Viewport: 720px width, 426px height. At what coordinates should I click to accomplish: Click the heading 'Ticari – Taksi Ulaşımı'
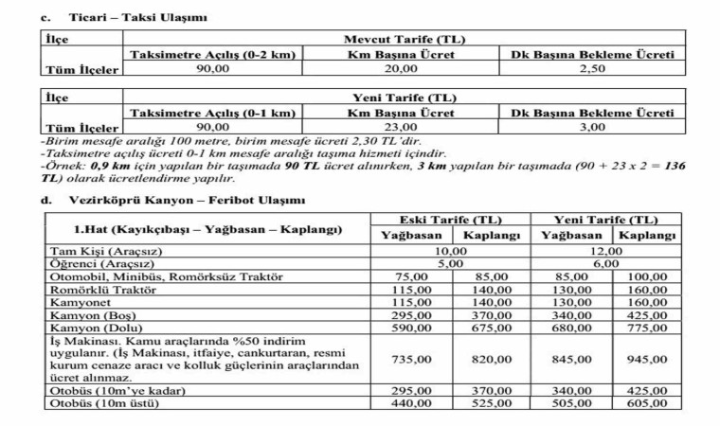137,18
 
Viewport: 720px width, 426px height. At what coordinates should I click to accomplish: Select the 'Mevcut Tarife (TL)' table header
402,41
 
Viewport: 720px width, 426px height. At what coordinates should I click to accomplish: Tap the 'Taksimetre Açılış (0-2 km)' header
212,55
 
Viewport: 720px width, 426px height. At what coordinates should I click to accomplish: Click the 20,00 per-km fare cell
401,69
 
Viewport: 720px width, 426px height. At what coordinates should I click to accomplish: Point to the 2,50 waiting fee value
592,69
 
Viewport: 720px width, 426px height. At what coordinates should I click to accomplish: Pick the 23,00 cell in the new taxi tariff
401,126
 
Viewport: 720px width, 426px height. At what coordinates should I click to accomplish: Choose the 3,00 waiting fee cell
592,126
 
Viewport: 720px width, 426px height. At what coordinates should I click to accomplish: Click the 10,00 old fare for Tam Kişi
451,251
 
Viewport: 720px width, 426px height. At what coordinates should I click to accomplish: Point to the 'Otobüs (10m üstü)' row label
103,403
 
